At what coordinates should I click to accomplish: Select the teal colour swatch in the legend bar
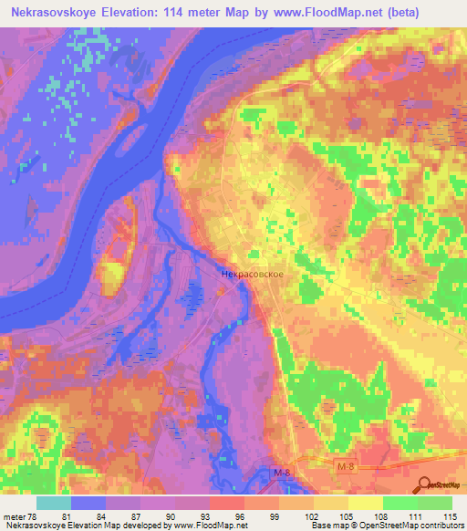point(54,504)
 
